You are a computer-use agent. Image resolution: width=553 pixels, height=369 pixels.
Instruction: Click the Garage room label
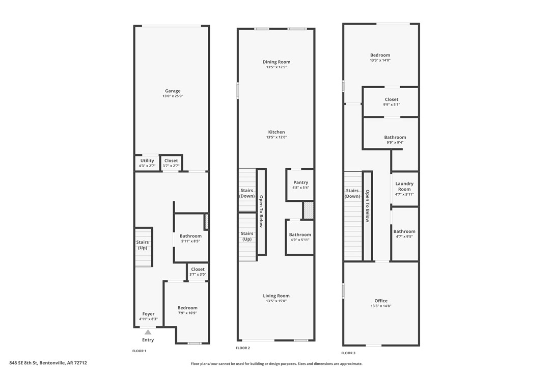click(x=173, y=91)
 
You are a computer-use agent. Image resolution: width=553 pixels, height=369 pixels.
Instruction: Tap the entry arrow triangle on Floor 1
click(x=148, y=332)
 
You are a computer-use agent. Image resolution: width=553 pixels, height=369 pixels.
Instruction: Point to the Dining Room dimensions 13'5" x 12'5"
click(x=276, y=67)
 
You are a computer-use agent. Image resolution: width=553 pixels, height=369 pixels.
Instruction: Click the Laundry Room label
click(x=404, y=186)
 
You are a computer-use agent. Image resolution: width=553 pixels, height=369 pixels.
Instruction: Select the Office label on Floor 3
click(x=381, y=301)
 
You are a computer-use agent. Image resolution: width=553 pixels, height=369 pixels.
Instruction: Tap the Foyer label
click(x=148, y=314)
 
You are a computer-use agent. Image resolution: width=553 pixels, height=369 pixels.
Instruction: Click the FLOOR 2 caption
click(x=243, y=348)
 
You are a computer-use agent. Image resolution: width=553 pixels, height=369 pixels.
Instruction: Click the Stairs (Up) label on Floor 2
click(x=247, y=236)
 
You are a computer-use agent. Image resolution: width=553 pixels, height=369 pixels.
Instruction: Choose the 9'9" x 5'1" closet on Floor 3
click(x=392, y=102)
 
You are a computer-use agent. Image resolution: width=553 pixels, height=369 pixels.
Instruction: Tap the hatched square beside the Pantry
click(x=308, y=210)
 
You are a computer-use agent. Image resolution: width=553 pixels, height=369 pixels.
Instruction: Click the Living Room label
click(x=276, y=296)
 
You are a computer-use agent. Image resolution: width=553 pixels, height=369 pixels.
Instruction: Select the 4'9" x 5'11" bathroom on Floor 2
click(x=300, y=237)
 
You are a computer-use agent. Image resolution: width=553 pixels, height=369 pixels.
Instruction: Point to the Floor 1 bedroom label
click(x=187, y=308)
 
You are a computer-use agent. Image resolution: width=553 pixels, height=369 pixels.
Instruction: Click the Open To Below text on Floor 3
click(x=367, y=206)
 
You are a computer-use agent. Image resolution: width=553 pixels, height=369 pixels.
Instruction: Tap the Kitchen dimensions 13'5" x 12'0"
click(x=276, y=137)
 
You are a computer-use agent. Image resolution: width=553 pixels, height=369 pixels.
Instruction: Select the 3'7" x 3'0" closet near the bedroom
click(x=198, y=272)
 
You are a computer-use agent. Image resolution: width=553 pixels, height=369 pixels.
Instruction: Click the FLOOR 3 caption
click(x=348, y=353)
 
